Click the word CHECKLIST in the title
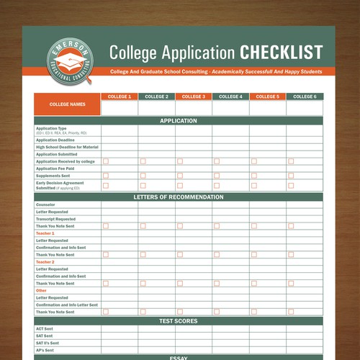[281, 53]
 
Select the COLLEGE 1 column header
[120, 96]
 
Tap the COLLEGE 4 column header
[230, 96]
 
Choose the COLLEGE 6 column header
[305, 96]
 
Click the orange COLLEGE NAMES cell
[67, 104]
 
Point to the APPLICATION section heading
[179, 121]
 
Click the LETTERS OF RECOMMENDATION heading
[179, 197]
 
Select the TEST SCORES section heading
[179, 321]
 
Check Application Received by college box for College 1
[106, 161]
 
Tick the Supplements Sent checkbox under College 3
[180, 176]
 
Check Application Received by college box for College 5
[254, 161]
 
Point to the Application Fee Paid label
[56, 168]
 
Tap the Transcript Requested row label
[55, 219]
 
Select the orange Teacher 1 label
[45, 233]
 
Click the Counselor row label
[45, 204]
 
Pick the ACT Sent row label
[45, 329]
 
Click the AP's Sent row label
[45, 350]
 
